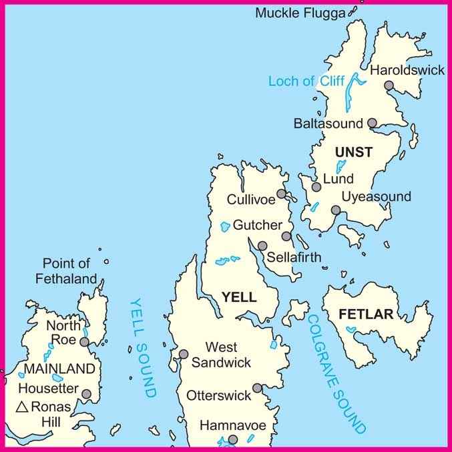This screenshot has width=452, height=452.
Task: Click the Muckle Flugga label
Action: point(301,13)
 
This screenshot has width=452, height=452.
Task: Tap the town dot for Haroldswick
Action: point(389,85)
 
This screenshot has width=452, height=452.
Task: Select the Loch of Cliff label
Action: point(306,81)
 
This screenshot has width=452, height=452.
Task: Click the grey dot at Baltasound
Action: point(373,123)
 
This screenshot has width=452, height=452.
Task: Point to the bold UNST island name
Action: point(354,153)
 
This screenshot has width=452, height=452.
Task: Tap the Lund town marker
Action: point(316,187)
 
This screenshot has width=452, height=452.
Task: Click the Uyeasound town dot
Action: point(336,210)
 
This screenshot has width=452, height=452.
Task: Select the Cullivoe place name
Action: point(251,200)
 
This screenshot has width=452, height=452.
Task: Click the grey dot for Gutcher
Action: point(286,236)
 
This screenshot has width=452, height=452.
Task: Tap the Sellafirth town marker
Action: point(262,246)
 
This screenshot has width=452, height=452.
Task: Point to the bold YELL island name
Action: point(238,298)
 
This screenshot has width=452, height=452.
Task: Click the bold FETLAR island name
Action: point(366,314)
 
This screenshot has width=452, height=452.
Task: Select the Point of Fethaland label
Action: point(69,271)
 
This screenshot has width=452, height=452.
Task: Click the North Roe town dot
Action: point(84,342)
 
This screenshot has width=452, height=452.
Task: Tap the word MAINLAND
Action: point(59,368)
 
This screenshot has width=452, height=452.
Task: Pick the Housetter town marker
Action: point(86,394)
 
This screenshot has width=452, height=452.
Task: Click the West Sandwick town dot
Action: point(184,354)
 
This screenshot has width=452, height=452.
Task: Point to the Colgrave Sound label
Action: point(336,373)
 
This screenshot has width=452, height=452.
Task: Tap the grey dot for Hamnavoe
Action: point(233,439)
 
